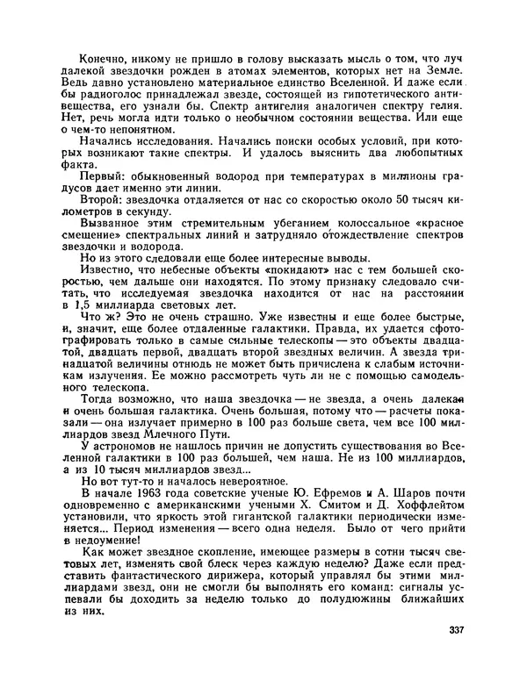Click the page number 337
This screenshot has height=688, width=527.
(457, 630)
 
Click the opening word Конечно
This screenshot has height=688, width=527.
(105, 57)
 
